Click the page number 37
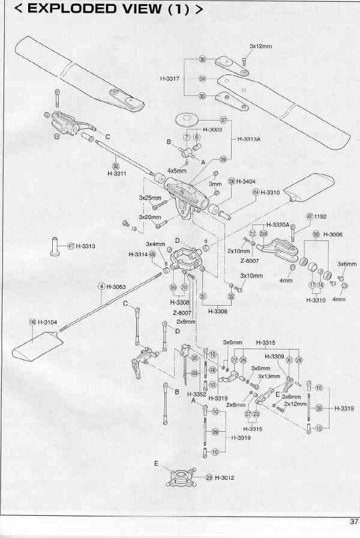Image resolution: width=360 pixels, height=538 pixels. [353, 521]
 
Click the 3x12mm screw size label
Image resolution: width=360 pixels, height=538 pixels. [259, 46]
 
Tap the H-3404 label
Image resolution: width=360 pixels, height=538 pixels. [246, 181]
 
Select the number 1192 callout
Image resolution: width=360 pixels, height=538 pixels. [320, 216]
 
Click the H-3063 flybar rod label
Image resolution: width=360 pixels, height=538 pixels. [116, 287]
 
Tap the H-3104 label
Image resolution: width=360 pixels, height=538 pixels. [47, 322]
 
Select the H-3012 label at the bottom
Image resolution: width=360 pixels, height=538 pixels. [224, 478]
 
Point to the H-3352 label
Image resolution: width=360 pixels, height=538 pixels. [196, 393]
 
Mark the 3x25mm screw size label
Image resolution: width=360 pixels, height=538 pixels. [150, 197]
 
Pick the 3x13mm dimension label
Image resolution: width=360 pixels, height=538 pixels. [269, 376]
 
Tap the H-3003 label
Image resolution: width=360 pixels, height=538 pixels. [213, 129]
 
